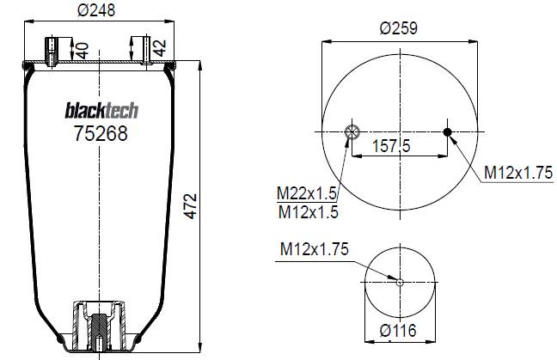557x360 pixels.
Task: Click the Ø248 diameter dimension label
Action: coord(96,10)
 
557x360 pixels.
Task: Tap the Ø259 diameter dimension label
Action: coord(399,28)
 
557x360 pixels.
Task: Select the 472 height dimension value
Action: coord(191,206)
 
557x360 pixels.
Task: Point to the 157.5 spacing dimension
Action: coord(391,145)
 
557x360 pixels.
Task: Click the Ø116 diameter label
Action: coord(398,331)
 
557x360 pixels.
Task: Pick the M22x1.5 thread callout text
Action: coord(307,193)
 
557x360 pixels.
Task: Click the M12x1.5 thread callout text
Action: coord(309,212)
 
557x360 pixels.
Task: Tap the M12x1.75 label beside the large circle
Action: coord(518,173)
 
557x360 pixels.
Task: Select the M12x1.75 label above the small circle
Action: coord(315,249)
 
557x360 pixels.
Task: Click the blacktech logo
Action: coord(101,111)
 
